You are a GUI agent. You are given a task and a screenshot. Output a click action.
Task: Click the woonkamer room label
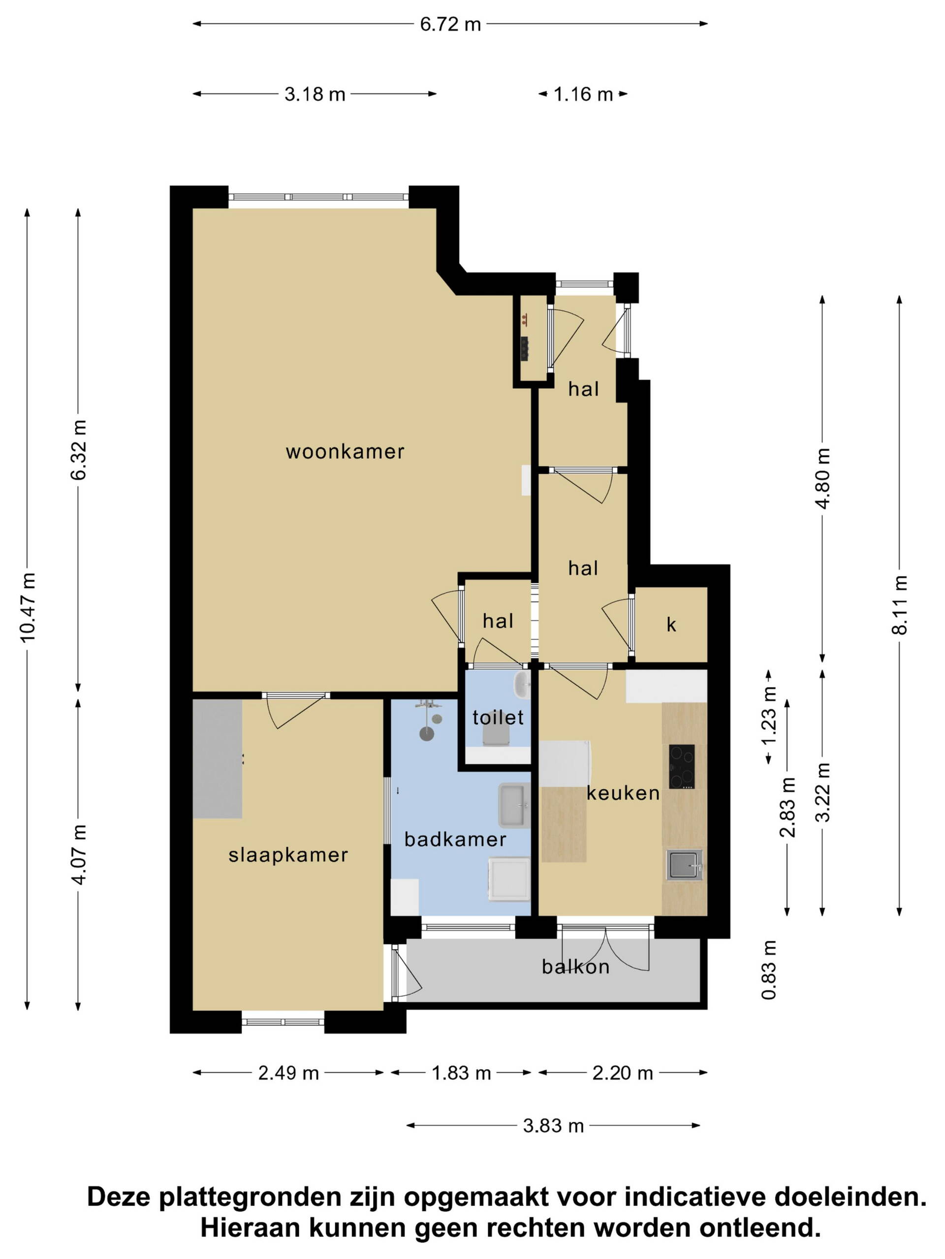[345, 452]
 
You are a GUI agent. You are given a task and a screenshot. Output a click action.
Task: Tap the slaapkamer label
[288, 855]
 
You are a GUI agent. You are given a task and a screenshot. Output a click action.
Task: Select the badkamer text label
[455, 839]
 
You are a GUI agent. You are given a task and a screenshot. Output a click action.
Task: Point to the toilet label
[498, 718]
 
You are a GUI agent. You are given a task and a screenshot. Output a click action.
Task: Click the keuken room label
[623, 793]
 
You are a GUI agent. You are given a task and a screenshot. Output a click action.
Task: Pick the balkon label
[575, 967]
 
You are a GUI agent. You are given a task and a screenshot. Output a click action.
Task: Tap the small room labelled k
[671, 625]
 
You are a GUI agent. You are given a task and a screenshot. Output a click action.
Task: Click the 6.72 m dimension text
[450, 25]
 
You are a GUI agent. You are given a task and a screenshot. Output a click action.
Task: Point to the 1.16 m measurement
[583, 94]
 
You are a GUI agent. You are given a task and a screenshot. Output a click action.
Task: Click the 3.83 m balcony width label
[554, 1126]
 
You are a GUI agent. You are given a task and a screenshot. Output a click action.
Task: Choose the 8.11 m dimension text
[899, 604]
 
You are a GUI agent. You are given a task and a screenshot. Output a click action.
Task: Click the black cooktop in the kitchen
[682, 767]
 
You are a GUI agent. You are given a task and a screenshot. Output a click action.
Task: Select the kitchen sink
[685, 865]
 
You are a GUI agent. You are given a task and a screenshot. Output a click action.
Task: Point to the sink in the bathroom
[514, 806]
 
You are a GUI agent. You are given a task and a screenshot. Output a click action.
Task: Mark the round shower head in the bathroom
[427, 734]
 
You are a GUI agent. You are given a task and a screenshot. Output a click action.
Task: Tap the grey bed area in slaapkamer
[218, 759]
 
